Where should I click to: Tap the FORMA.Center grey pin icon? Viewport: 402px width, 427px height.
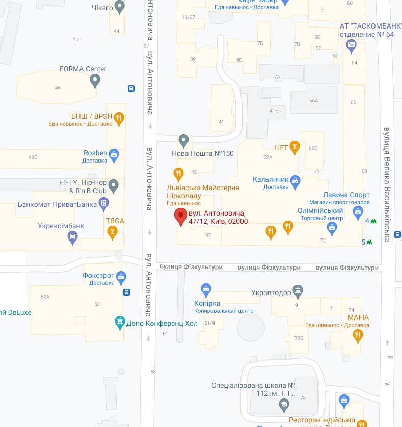[x=95, y=80]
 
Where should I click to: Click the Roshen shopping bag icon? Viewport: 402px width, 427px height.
[x=114, y=154]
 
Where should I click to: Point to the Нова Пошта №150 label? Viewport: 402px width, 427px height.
[x=203, y=153]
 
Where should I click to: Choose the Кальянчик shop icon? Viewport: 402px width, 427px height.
[x=296, y=180]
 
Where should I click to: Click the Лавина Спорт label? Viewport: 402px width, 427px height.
[x=346, y=195]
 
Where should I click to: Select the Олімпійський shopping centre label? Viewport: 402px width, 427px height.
[x=320, y=210]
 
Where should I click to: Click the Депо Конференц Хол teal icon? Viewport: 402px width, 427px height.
[x=120, y=322]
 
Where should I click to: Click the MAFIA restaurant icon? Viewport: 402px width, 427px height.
[x=358, y=335]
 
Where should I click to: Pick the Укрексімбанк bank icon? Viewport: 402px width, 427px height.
[x=73, y=237]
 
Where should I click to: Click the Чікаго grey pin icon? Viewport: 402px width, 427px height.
[x=120, y=7]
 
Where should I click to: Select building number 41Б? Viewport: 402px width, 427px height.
[x=274, y=110]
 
